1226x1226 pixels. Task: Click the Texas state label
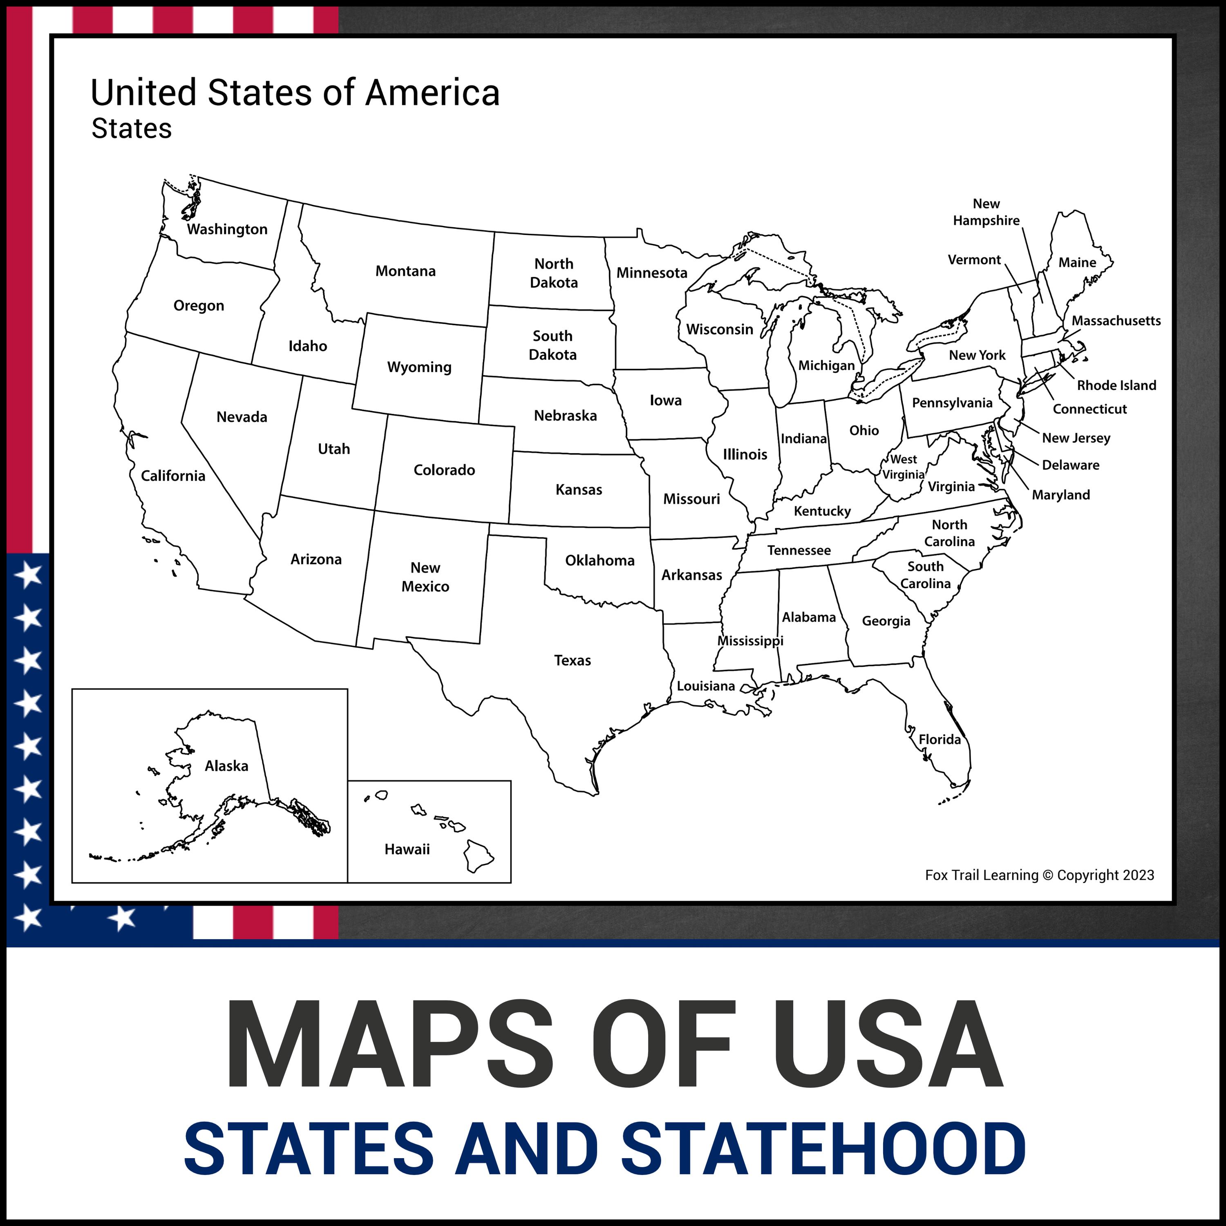point(573,660)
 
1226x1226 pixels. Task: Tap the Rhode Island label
point(1116,385)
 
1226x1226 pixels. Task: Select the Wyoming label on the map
point(419,367)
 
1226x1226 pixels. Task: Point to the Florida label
point(940,739)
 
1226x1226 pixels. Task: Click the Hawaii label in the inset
point(407,849)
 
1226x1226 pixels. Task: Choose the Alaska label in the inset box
point(226,766)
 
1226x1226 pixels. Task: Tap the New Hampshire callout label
point(986,212)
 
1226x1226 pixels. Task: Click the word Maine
point(1077,263)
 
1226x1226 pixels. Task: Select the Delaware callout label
point(1071,465)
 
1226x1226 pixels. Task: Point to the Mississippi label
point(750,641)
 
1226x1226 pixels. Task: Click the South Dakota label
point(553,345)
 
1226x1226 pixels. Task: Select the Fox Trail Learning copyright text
point(1039,875)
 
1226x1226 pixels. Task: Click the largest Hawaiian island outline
point(478,856)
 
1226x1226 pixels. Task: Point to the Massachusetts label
point(1116,321)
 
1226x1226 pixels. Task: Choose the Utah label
point(334,449)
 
